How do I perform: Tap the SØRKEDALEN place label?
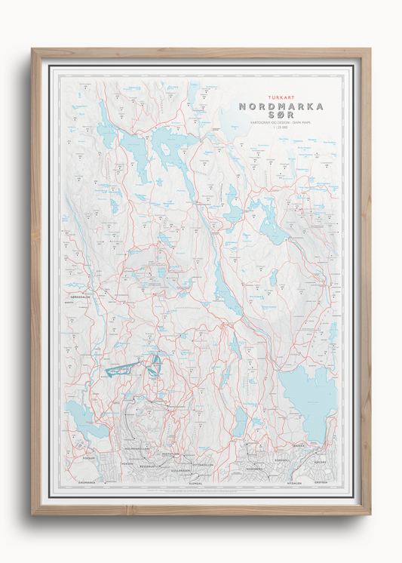[81, 298]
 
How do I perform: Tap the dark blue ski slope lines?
[121, 370]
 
